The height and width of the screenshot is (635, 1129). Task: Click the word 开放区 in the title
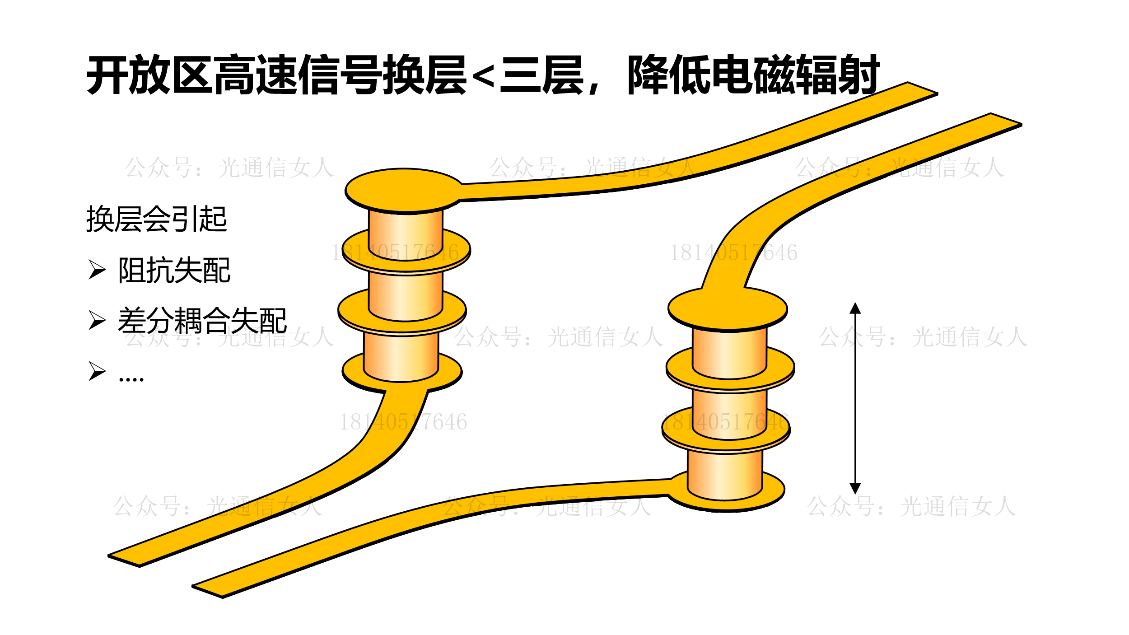tap(149, 75)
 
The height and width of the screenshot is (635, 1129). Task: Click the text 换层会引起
tap(156, 219)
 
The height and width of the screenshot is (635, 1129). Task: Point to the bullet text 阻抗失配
tap(174, 271)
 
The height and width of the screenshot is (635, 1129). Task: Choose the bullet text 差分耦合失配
tap(202, 321)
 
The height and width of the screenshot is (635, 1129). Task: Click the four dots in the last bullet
tap(131, 378)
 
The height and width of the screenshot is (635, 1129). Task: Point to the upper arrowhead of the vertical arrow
tap(855, 309)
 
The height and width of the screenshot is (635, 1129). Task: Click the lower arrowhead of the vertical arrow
tap(855, 488)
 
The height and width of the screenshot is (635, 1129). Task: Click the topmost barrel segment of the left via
tap(406, 235)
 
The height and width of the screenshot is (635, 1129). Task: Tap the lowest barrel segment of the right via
tap(725, 474)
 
